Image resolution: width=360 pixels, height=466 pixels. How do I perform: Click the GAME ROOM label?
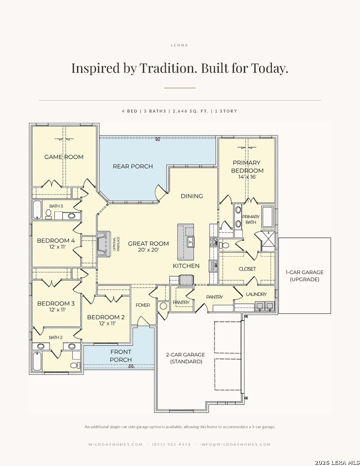pos(64,157)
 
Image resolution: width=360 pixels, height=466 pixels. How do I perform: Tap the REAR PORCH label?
pos(133,167)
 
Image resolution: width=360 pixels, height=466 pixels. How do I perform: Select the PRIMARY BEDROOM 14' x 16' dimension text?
pos(247,177)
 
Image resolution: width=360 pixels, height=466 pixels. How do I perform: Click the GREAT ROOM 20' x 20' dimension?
pos(148,250)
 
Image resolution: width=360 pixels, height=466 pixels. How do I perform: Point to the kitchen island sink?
pos(191,241)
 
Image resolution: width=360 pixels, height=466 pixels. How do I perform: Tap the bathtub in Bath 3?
pos(37,210)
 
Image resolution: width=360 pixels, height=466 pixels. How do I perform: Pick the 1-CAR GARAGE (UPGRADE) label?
pos(304,276)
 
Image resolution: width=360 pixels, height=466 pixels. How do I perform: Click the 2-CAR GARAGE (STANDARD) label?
pos(186,358)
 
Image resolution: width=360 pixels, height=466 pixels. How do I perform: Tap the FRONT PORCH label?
pos(121,356)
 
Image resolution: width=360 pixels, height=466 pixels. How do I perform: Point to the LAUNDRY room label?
pos(257,294)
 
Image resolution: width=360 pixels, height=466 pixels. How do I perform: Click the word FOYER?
pos(143,305)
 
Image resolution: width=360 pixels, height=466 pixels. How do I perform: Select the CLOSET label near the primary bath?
pos(247,269)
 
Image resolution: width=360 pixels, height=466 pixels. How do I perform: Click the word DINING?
pos(192,196)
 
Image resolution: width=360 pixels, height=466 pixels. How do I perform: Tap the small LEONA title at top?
pos(180,45)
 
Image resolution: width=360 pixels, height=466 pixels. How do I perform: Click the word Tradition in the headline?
pos(168,68)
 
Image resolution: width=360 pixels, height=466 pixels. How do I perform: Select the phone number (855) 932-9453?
pos(172,444)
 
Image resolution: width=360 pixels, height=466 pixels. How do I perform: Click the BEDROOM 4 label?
pos(56,241)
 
